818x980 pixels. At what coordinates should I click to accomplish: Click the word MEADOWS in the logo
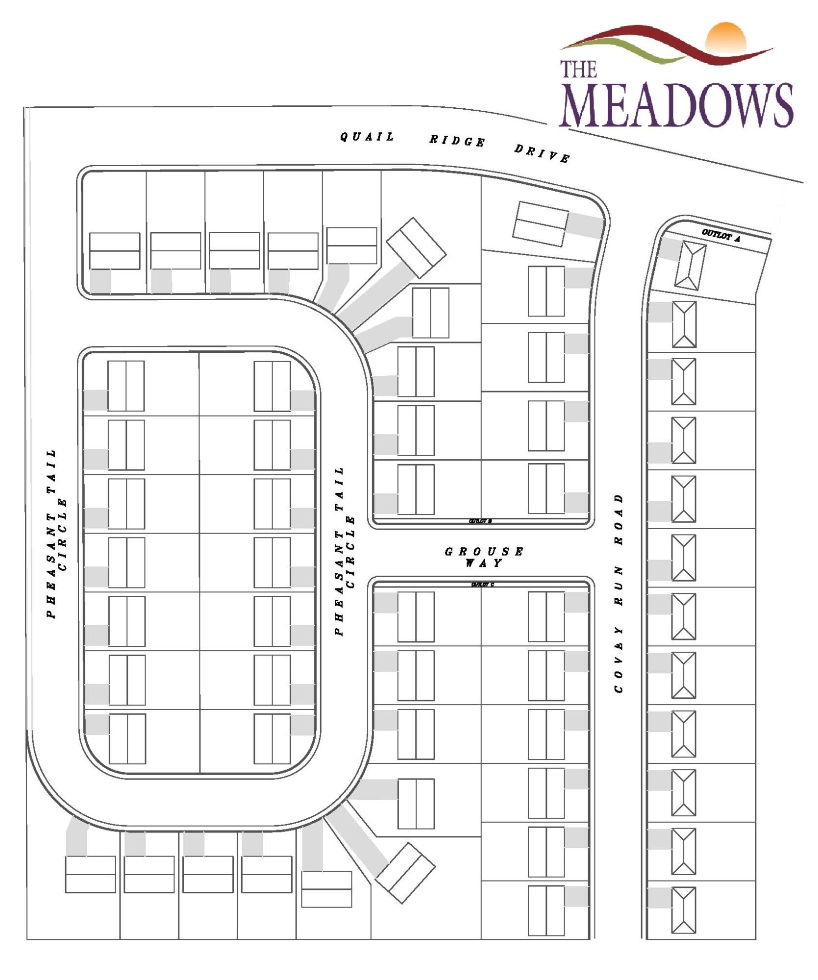[x=676, y=106]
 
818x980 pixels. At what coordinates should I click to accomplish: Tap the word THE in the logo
[x=578, y=69]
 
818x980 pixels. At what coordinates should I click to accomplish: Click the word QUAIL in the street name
[x=367, y=137]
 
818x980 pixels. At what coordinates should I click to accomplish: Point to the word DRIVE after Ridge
[x=542, y=153]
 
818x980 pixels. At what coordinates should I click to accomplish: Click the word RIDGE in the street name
[x=457, y=141]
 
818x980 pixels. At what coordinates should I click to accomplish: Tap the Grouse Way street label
[x=484, y=557]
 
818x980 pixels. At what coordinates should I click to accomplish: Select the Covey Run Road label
[x=619, y=593]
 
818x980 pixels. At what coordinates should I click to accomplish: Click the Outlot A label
[x=720, y=236]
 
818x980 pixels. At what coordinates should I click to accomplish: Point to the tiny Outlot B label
[x=480, y=521]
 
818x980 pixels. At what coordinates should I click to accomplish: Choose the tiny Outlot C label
[x=482, y=585]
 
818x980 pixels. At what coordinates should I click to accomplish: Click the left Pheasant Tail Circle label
[x=57, y=534]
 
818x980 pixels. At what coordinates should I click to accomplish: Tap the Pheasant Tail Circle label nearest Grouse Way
[x=345, y=551]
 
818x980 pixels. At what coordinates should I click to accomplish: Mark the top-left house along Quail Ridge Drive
[x=115, y=251]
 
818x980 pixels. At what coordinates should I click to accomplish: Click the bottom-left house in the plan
[x=91, y=874]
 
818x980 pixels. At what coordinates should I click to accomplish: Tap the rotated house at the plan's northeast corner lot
[x=540, y=224]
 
